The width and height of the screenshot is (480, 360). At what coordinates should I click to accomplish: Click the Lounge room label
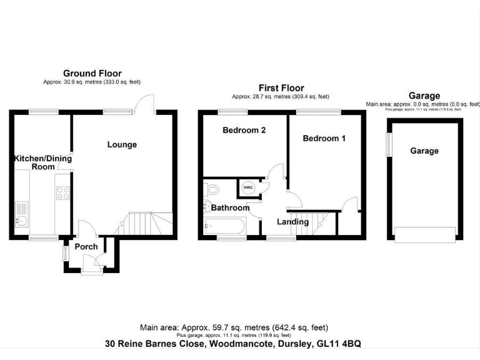[x=122, y=144]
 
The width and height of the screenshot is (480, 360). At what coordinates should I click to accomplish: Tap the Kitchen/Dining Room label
[x=43, y=162]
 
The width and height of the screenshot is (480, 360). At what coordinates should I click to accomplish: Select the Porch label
[x=86, y=246]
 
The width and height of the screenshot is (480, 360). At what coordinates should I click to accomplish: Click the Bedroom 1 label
[x=324, y=138]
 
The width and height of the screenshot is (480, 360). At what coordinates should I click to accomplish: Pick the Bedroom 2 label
[x=244, y=131]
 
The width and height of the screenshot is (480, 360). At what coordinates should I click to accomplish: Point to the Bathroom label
[x=230, y=207]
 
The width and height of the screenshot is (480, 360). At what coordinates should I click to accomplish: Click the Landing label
[x=293, y=222]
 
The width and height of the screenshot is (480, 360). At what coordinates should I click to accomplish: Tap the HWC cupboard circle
[x=247, y=187]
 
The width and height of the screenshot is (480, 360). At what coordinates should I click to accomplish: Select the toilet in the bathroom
[x=212, y=187]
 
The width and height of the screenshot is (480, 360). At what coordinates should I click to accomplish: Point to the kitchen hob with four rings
[x=62, y=193]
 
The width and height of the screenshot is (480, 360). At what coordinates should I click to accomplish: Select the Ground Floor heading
[x=92, y=74]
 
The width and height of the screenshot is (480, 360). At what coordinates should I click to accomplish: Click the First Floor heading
[x=280, y=88]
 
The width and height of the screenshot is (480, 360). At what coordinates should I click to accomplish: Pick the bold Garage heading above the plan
[x=424, y=96]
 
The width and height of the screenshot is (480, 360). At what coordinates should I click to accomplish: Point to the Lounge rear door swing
[x=145, y=102]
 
